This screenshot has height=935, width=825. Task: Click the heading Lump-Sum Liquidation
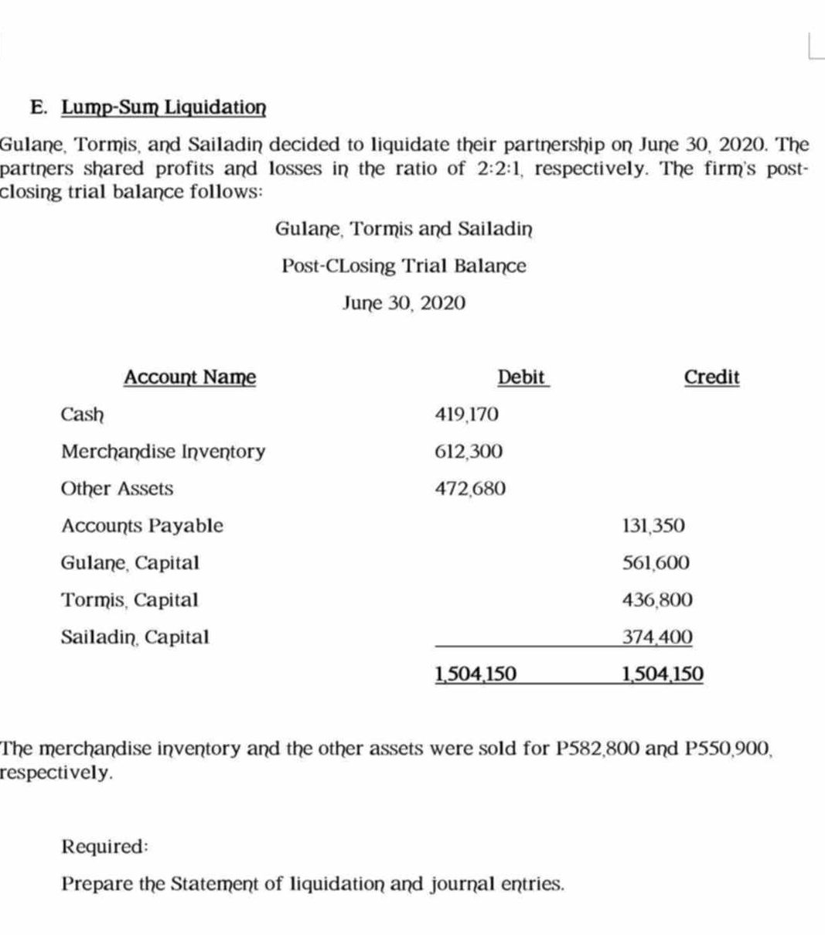click(x=164, y=107)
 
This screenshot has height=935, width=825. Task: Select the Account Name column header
click(x=189, y=377)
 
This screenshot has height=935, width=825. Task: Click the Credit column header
click(x=711, y=377)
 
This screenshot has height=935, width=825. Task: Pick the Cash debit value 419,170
click(x=467, y=415)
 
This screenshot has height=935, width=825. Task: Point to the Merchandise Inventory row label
click(x=163, y=452)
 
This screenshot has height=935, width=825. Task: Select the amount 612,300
click(x=469, y=452)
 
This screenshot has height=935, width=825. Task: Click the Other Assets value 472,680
click(x=470, y=489)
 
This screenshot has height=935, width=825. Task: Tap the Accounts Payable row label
click(x=142, y=526)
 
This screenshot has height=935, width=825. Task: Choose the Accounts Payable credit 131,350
click(x=653, y=526)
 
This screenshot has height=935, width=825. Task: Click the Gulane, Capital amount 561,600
click(x=656, y=563)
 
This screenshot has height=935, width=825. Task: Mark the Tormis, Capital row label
click(x=130, y=600)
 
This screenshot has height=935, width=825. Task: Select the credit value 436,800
click(x=657, y=600)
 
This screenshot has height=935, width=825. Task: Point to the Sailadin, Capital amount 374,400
click(x=657, y=637)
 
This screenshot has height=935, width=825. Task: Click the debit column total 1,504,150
click(x=476, y=674)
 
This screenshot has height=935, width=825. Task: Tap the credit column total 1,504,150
click(x=663, y=674)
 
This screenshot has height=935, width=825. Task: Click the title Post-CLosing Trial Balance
click(x=404, y=266)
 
